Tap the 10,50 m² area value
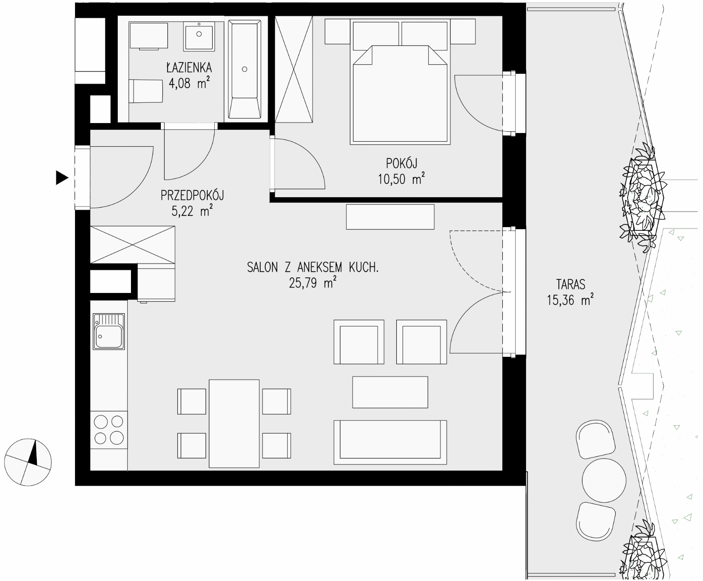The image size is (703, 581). tap(401, 179)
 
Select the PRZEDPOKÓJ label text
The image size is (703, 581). tap(192, 195)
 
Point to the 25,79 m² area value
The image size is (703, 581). tap(312, 283)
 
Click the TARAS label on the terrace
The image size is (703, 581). tap(570, 284)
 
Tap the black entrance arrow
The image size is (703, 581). tap(62, 178)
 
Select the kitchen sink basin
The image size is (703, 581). tap(109, 331)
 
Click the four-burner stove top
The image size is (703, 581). tap(109, 430)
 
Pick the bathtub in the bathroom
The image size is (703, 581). tap(245, 69)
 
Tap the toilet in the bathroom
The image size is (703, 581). tap(146, 91)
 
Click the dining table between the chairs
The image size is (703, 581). tap(234, 424)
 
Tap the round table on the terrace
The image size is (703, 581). tap(604, 481)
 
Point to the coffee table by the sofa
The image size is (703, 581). tap(390, 392)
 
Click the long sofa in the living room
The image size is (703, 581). tap(390, 442)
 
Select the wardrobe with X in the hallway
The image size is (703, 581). tap(133, 245)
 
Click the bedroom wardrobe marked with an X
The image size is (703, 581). tap(294, 69)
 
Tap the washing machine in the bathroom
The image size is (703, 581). tap(149, 36)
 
